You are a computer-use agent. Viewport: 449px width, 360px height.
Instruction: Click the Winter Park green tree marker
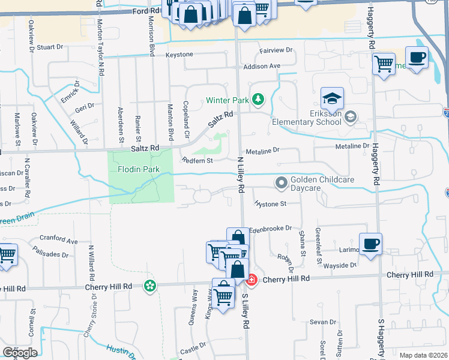click(258, 99)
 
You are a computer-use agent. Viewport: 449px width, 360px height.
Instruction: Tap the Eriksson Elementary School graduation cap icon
click(332, 98)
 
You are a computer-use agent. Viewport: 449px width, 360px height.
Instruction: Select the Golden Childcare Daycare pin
click(281, 182)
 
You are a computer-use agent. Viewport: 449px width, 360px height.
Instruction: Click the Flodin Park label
click(139, 169)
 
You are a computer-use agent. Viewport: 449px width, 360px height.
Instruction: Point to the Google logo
click(19, 352)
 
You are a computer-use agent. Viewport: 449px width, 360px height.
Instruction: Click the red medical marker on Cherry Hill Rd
click(251, 279)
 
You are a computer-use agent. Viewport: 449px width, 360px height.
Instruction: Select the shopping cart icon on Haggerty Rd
click(384, 63)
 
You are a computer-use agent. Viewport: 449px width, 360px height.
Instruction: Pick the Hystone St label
click(271, 204)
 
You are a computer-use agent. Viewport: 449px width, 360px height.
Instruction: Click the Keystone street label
click(180, 55)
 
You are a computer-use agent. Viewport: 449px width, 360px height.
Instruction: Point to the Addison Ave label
click(262, 65)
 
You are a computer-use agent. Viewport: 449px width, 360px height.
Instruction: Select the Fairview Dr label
click(276, 50)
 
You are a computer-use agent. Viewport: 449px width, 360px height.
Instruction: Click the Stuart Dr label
click(50, 47)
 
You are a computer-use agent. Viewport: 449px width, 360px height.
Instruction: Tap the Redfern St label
click(197, 160)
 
